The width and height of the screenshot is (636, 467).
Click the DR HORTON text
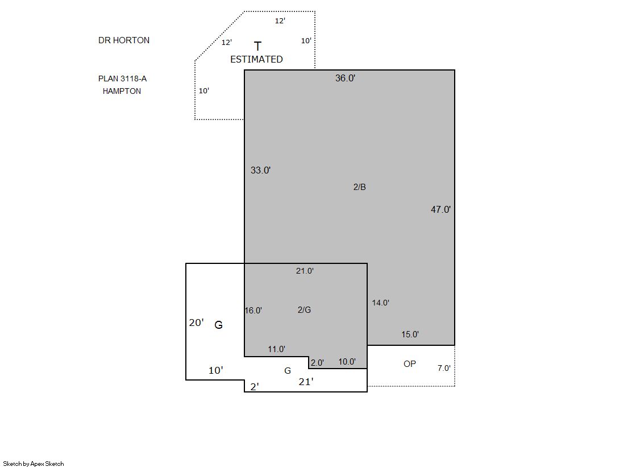pyautogui.click(x=124, y=40)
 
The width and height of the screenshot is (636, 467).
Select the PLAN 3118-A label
pyautogui.click(x=123, y=78)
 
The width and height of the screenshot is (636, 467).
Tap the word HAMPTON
pyautogui.click(x=122, y=91)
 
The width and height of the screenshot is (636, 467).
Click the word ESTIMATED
pyautogui.click(x=256, y=59)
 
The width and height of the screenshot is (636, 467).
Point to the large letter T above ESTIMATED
pyautogui.click(x=257, y=46)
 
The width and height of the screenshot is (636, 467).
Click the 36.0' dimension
pyautogui.click(x=345, y=78)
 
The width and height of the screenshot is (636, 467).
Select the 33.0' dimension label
pyautogui.click(x=260, y=170)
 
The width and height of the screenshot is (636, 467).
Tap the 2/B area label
pyautogui.click(x=359, y=187)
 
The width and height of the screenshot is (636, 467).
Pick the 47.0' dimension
pyautogui.click(x=440, y=209)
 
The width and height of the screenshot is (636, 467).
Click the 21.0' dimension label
pyautogui.click(x=305, y=271)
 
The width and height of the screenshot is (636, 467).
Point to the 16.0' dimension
pyautogui.click(x=253, y=310)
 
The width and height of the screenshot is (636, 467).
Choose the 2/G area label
pyautogui.click(x=304, y=310)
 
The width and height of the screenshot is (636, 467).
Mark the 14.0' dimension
pyautogui.click(x=380, y=303)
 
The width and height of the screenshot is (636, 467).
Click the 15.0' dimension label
pyautogui.click(x=410, y=334)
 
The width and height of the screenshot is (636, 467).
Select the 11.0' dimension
pyautogui.click(x=276, y=349)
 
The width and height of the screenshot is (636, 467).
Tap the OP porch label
pyautogui.click(x=410, y=364)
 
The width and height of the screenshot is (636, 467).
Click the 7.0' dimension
pyautogui.click(x=444, y=368)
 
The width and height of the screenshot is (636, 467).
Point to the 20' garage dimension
pyautogui.click(x=196, y=323)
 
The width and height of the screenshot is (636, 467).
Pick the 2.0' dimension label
pyautogui.click(x=317, y=363)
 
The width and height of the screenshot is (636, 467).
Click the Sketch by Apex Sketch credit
pyautogui.click(x=34, y=464)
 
